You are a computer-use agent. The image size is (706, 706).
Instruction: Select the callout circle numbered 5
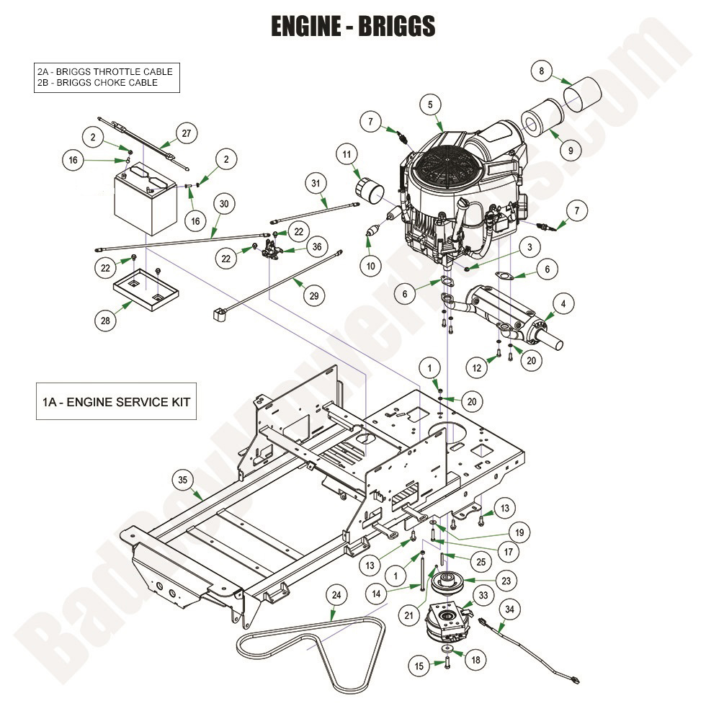[x=430, y=105]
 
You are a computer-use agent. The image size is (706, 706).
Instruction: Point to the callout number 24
[x=336, y=595]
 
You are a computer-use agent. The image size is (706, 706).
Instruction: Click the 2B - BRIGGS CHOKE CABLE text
[x=97, y=83]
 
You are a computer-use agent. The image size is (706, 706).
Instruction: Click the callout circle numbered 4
[x=563, y=304]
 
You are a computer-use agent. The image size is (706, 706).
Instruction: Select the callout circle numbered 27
[x=186, y=134]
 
